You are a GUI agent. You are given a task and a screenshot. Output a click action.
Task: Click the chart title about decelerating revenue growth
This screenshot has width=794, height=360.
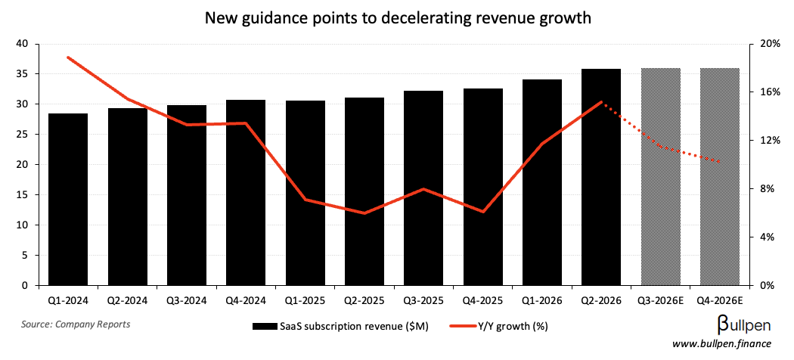click(x=396, y=17)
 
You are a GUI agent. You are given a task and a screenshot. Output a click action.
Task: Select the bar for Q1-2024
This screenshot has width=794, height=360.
click(x=67, y=200)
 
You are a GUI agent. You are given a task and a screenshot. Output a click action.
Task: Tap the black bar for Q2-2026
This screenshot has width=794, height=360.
click(x=601, y=177)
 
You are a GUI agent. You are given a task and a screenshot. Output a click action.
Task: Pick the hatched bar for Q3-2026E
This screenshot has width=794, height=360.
click(x=660, y=177)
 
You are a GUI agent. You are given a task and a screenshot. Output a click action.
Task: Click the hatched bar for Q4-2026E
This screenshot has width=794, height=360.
click(x=720, y=177)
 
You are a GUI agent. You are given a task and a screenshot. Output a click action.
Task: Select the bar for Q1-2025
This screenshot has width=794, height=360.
click(x=305, y=193)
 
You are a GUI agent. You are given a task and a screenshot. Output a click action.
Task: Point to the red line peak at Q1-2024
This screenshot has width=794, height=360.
click(x=68, y=57)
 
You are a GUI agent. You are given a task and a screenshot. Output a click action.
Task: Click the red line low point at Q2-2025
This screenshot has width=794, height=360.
click(x=364, y=213)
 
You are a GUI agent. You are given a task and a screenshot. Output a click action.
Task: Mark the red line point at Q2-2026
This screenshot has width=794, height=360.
click(x=601, y=101)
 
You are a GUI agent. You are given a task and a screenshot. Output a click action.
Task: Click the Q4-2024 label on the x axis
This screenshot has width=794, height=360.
click(x=246, y=300)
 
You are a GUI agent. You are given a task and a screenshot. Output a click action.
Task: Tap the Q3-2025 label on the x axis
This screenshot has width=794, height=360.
click(x=423, y=300)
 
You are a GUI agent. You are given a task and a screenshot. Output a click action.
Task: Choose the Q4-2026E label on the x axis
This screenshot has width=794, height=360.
click(x=720, y=300)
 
